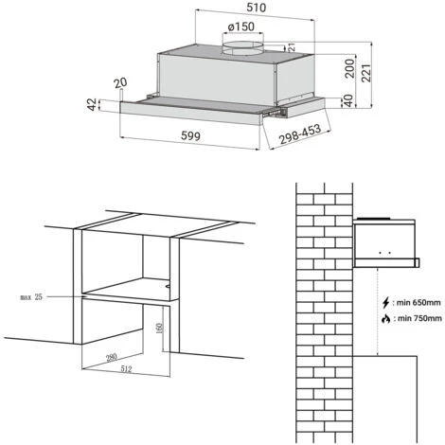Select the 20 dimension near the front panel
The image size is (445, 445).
coord(120,84)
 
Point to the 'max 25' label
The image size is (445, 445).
coord(31,297)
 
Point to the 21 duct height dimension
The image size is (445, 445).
coord(294,45)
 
